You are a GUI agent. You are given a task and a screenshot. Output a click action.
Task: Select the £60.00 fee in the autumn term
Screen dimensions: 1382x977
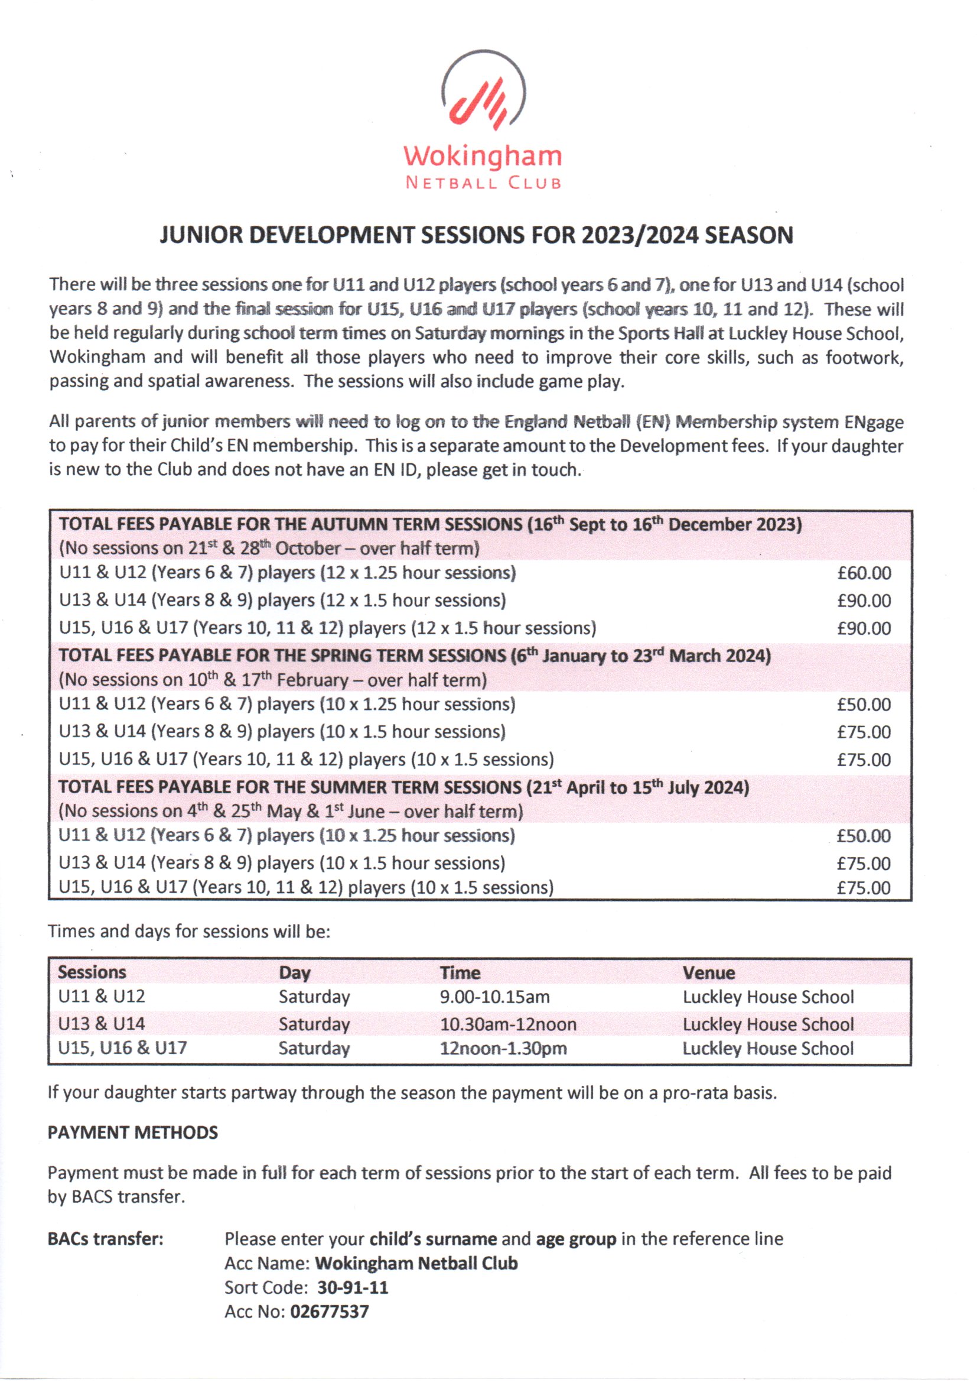[864, 573]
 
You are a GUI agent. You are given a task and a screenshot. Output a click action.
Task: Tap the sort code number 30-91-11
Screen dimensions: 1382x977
[353, 1287]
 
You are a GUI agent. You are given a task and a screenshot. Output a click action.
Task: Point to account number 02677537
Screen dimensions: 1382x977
[329, 1312]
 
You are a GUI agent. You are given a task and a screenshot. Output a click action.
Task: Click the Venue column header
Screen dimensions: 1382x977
[708, 973]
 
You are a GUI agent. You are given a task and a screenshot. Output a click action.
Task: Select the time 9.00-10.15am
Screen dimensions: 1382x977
[494, 997]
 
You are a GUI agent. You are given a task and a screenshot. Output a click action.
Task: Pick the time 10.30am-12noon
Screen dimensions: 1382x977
[508, 1024]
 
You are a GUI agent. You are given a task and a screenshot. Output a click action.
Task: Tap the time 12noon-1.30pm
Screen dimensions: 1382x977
[503, 1049]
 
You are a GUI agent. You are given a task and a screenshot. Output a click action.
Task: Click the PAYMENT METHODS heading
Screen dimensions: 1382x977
[132, 1133]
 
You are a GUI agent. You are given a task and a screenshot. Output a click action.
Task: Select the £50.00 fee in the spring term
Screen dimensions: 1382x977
[864, 705]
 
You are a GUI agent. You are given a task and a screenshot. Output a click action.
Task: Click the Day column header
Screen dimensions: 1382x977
[294, 973]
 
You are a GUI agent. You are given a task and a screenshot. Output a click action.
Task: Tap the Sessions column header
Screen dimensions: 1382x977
[92, 972]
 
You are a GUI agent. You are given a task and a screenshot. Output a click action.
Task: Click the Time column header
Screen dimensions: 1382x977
[460, 973]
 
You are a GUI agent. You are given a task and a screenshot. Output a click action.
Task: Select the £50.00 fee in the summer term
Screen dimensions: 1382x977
[864, 836]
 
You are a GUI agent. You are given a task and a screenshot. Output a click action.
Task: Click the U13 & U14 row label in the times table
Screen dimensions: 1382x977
[101, 1023]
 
